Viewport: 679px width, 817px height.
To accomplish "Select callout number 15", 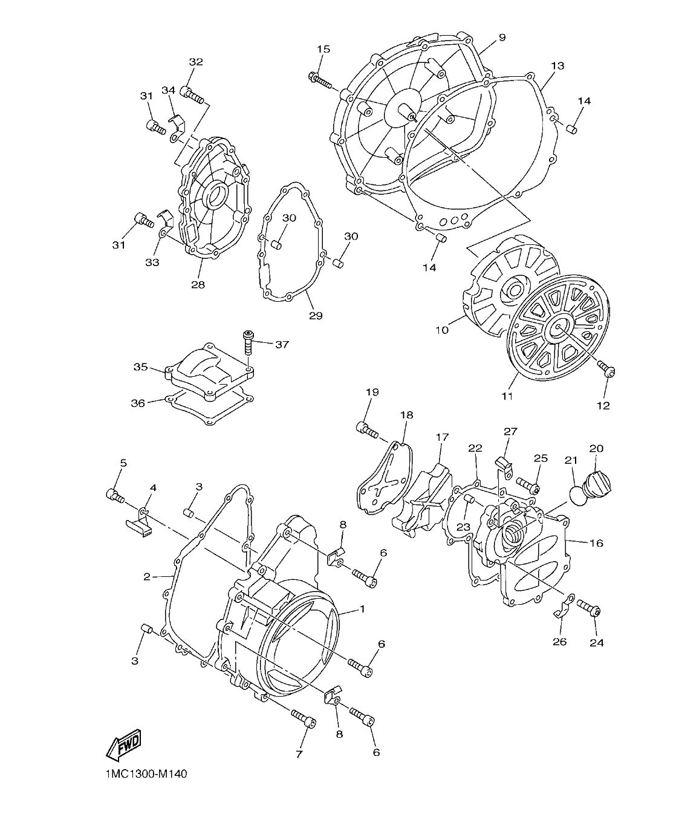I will click(323, 49).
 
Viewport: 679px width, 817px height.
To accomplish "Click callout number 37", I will click(282, 345).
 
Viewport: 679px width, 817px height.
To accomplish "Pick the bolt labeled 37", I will click(249, 343).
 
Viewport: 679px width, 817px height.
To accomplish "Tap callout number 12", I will click(603, 405).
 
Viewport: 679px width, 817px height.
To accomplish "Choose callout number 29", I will click(316, 315).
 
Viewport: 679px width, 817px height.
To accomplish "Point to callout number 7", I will click(299, 754).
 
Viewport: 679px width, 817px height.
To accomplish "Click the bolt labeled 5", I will click(115, 496).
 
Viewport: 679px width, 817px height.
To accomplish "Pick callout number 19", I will click(372, 392).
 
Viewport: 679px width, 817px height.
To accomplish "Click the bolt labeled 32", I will click(193, 94).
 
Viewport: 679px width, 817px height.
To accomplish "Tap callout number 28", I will click(198, 284).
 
